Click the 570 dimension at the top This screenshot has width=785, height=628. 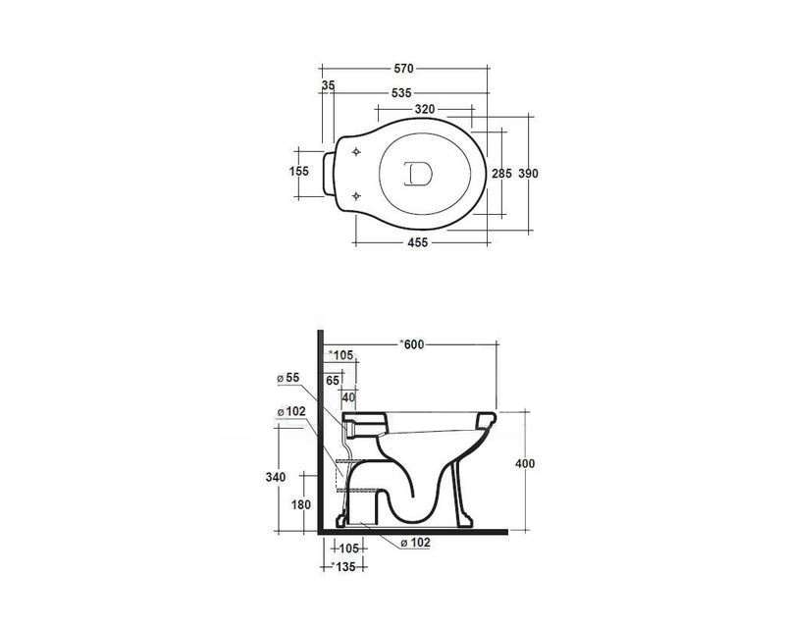click(x=403, y=68)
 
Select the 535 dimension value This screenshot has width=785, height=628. click(x=401, y=92)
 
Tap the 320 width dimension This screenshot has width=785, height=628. click(x=425, y=109)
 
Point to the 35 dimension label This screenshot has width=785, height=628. click(x=328, y=85)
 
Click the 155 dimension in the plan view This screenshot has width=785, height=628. click(x=299, y=172)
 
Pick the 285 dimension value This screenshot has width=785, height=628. click(x=501, y=174)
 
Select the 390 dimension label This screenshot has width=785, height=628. click(x=528, y=174)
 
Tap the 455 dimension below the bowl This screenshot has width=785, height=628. click(x=418, y=242)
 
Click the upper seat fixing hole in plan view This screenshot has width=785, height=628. click(x=356, y=151)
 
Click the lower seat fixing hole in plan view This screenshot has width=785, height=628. click(x=356, y=196)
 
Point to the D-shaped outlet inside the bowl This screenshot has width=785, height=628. click(x=418, y=174)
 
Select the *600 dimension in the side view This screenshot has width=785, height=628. click(x=411, y=344)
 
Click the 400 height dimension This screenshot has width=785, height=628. click(x=525, y=464)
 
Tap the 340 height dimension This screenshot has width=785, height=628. click(x=276, y=477)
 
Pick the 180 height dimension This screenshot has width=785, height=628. click(x=301, y=504)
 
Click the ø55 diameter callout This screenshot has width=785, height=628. click(x=288, y=378)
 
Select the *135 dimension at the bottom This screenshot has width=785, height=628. click(x=343, y=567)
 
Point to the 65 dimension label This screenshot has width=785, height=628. click(x=333, y=381)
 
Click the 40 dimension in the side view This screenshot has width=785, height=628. click(x=348, y=397)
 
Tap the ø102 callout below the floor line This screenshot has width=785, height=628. click(x=415, y=543)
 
